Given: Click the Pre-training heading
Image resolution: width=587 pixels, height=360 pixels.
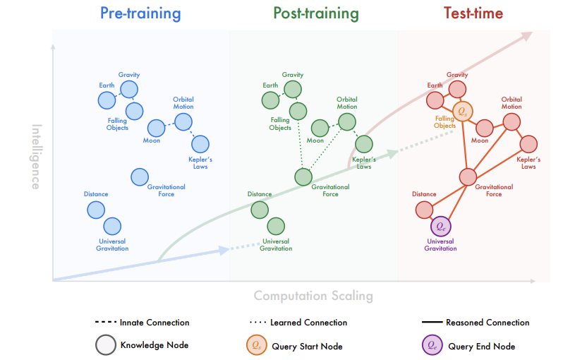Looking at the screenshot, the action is pos(140,13).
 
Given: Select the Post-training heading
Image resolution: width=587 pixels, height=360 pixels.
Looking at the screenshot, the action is pos(315,13).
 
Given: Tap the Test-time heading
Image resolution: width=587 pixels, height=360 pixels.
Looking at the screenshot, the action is pos(473,13).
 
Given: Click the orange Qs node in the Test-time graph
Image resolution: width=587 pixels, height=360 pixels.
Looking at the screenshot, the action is pos(462,111).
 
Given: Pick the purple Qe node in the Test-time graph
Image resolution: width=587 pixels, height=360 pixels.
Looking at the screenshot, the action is pos(441,227).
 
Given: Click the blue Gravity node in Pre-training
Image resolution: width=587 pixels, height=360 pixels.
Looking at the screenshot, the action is pos(129,89).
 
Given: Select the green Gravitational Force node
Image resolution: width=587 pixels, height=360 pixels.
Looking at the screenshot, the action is pos(304,176).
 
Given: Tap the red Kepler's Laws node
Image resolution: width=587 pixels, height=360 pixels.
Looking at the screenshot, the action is pos(529,145).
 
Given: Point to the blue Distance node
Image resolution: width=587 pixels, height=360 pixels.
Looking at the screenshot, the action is pos(96,210).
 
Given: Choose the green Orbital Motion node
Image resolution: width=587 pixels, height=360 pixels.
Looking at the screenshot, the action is pos(347,121).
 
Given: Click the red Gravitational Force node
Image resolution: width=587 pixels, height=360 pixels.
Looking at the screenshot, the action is pos(468,176).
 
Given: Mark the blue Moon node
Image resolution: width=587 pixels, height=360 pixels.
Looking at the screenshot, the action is pos(156,128).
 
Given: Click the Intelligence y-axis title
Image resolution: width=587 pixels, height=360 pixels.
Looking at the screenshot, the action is pos(36,157).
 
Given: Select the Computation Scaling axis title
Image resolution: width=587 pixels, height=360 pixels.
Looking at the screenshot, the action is pos(313,296).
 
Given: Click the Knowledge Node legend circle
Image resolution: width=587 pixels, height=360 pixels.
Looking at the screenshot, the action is pos(106,346).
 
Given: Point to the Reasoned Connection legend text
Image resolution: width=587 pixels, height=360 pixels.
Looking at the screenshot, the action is pos(488,323).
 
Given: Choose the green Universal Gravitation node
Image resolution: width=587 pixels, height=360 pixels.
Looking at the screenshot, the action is pos(276,227).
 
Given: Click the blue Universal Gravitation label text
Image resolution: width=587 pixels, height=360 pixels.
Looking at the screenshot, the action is pos(113,245).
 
